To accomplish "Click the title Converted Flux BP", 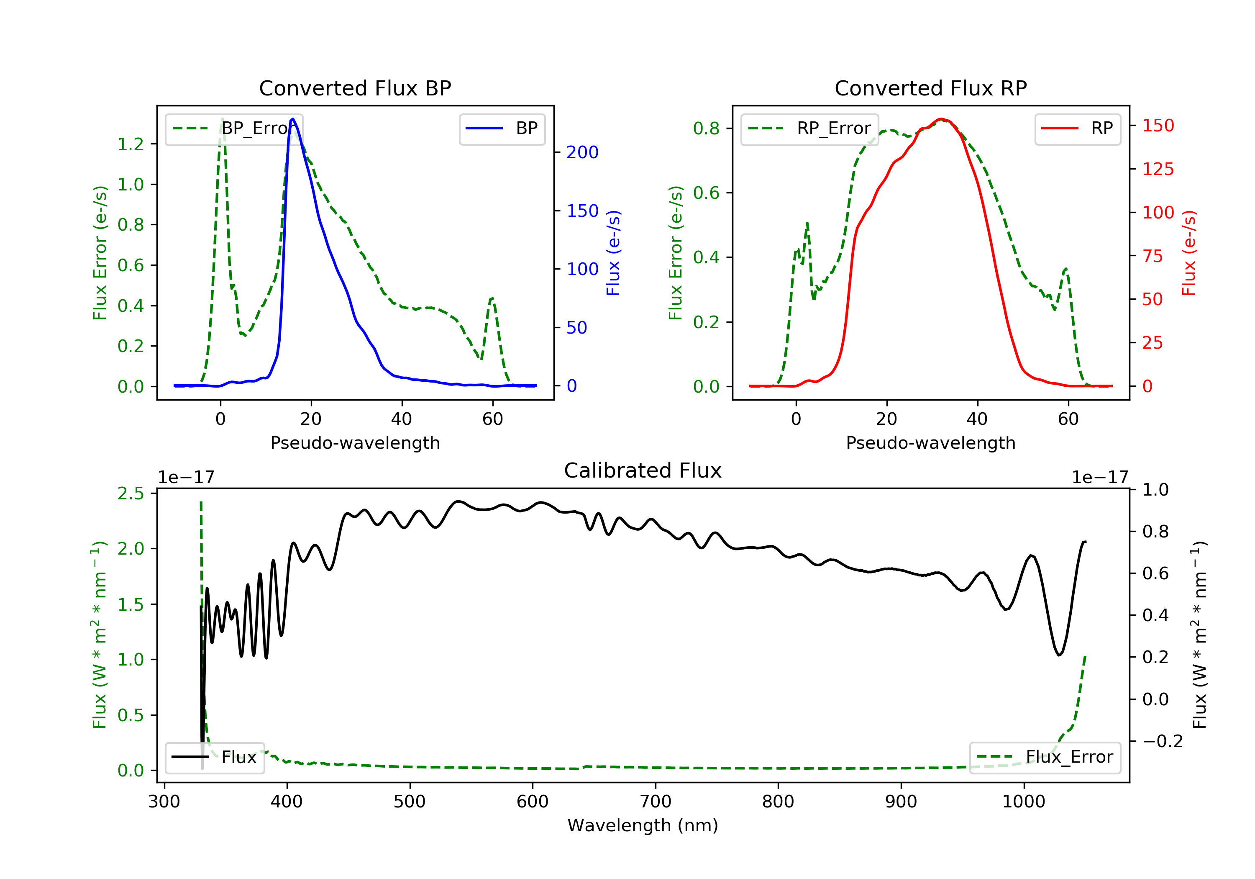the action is pos(355,88).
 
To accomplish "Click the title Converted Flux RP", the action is pos(930,88).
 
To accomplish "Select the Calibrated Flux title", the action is pos(643,470).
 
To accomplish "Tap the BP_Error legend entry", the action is pos(234,129).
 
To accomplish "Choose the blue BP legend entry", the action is pos(502,129).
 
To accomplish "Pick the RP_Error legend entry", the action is pos(809,129).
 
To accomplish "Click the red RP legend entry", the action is pos(1077,129).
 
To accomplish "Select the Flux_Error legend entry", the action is pos(1045,757).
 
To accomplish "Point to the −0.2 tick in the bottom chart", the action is pos(1162,741).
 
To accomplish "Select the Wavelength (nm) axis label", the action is pos(643,825).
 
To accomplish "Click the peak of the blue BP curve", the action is pos(293,119).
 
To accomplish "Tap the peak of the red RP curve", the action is pos(941,119).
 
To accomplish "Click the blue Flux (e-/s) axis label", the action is pos(613,253).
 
